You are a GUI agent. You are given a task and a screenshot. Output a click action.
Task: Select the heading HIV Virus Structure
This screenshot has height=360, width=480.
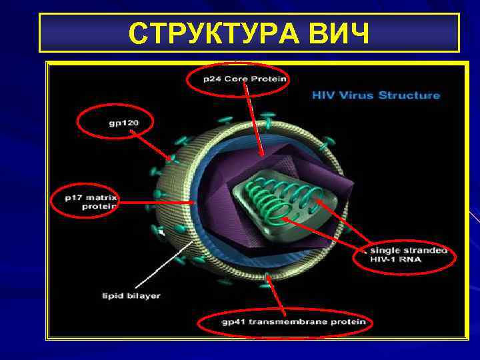coord(376,95)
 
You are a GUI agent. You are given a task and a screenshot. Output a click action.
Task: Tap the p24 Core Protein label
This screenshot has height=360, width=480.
coord(245,79)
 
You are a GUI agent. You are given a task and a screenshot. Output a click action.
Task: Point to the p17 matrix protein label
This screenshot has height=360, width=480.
coord(91,201)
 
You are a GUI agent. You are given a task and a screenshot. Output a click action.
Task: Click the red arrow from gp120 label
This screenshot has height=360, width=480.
coord(152,145)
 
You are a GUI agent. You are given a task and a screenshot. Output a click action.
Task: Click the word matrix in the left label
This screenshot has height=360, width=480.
coord(104,197)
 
